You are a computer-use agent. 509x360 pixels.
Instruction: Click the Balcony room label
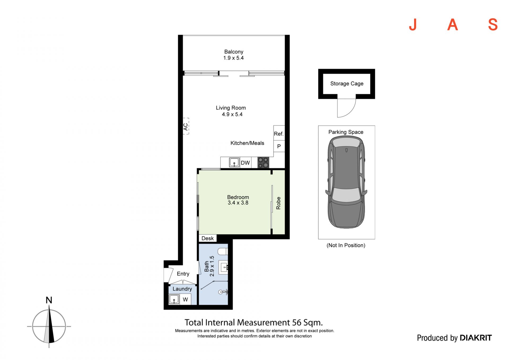point(234,52)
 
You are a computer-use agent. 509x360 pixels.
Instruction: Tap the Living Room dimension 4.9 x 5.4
point(232,114)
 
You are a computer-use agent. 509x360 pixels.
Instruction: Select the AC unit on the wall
point(186,126)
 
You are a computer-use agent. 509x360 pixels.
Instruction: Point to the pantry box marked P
point(279,146)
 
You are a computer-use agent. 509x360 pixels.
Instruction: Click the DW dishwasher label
point(245,163)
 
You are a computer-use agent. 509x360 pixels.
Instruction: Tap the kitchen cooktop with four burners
point(263,163)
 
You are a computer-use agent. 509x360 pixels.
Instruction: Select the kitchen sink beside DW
point(234,162)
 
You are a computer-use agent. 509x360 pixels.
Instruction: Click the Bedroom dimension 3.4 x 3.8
point(238,203)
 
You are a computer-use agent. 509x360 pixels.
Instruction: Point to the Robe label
point(278,203)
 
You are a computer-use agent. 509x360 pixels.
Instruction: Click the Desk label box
point(208,238)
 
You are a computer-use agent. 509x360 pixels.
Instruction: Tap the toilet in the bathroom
point(223,251)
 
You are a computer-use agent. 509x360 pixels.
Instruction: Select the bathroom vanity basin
point(223,267)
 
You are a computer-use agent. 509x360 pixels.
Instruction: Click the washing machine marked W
point(185,300)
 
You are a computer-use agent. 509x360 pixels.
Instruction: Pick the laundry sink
point(174,299)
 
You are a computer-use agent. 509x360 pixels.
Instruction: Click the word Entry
point(183,274)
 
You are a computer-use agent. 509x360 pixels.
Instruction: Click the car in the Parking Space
point(346,182)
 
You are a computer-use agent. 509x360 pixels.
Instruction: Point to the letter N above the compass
point(49,300)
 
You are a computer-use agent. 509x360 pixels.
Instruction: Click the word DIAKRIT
point(476,338)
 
